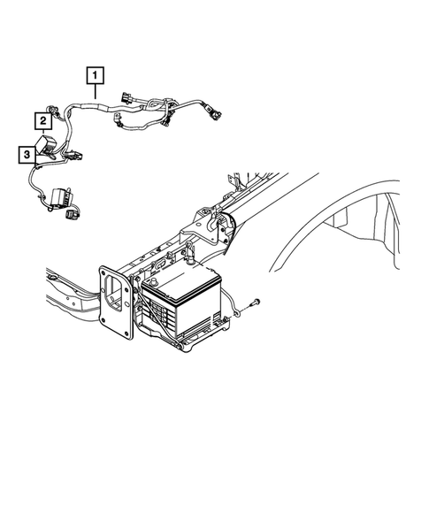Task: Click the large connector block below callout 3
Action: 65,196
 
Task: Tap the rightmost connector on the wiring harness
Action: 215,112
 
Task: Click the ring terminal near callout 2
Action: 55,111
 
